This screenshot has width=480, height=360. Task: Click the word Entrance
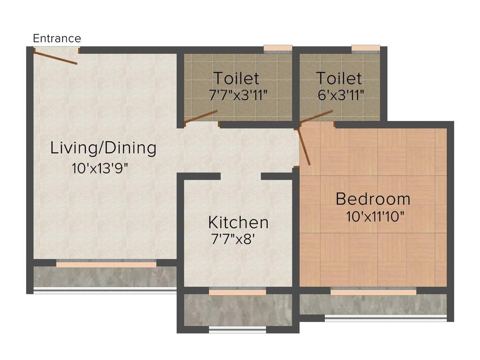click(57, 38)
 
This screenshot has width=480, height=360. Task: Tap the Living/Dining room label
click(103, 148)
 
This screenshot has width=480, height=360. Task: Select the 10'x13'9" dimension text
click(99, 168)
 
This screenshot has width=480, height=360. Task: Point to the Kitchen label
click(238, 222)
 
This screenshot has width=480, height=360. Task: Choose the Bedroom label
click(373, 199)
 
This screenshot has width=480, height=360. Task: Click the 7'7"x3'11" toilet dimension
click(238, 94)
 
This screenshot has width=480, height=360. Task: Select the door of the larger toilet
click(201, 117)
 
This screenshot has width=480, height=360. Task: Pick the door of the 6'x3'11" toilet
click(316, 116)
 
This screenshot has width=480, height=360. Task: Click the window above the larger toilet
click(277, 48)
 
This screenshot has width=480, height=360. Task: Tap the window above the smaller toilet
click(365, 48)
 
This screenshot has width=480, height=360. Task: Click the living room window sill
click(106, 264)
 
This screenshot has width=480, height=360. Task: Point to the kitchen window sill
click(237, 292)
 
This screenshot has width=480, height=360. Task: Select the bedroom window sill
click(373, 292)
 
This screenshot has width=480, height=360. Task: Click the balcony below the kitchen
click(238, 310)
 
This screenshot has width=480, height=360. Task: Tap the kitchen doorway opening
click(240, 176)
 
